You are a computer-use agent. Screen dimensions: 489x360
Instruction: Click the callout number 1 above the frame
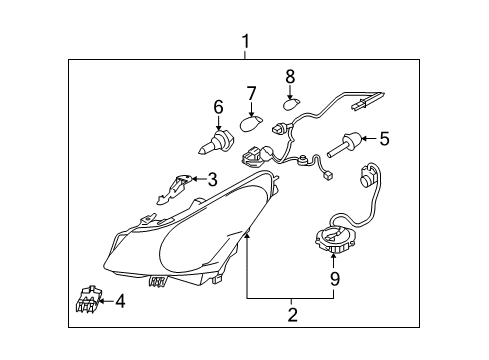pyautogui.click(x=246, y=42)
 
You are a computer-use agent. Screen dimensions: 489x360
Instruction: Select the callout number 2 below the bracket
pyautogui.click(x=292, y=315)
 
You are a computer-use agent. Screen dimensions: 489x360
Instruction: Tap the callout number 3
pyautogui.click(x=212, y=179)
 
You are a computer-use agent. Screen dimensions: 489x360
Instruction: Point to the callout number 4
pyautogui.click(x=120, y=301)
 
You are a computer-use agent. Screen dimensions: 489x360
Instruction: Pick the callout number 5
pyautogui.click(x=384, y=138)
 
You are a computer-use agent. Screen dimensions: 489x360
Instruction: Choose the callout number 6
pyautogui.click(x=218, y=107)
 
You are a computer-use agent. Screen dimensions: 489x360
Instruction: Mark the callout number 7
pyautogui.click(x=251, y=93)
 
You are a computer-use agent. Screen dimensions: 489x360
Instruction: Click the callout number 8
pyautogui.click(x=290, y=77)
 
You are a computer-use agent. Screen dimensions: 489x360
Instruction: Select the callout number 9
pyautogui.click(x=334, y=279)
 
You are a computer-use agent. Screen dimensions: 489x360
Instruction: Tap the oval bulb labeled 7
pyautogui.click(x=251, y=123)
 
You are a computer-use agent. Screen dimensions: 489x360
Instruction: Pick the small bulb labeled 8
pyautogui.click(x=291, y=103)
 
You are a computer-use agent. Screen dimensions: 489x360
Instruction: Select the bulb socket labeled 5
pyautogui.click(x=344, y=143)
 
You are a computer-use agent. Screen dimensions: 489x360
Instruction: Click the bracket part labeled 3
pyautogui.click(x=174, y=189)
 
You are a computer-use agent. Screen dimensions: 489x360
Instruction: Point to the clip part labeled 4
pyautogui.click(x=89, y=299)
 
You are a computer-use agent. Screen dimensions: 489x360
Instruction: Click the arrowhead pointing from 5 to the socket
pyautogui.click(x=364, y=138)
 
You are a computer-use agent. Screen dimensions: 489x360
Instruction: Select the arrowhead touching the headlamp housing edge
pyautogui.click(x=247, y=236)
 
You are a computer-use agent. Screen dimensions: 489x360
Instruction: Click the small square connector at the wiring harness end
pyautogui.click(x=328, y=176)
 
